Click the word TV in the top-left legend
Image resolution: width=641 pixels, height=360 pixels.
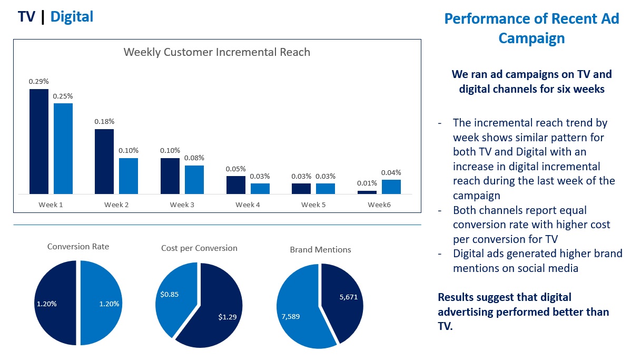pos(26,17)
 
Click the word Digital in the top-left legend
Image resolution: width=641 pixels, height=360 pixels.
pos(72,17)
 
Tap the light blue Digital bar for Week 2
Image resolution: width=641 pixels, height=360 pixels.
pos(128,176)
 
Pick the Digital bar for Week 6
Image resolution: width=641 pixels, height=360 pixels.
pos(391,187)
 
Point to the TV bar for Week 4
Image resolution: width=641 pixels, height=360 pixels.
pos(236,185)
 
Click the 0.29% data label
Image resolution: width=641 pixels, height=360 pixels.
pos(39,81)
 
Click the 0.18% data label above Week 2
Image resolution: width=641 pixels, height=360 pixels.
pos(104,121)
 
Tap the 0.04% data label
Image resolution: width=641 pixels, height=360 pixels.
pos(391,172)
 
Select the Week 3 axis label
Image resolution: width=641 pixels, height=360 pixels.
pos(182,205)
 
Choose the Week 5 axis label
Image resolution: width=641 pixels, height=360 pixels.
pos(313,205)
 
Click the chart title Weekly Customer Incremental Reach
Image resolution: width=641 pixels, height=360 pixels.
pos(216,52)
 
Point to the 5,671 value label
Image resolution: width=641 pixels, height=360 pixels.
pos(348,297)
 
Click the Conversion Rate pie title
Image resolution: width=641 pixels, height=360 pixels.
pos(78,246)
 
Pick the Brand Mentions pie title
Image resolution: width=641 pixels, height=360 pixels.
pos(320,249)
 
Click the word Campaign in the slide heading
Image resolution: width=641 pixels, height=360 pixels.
pos(531,38)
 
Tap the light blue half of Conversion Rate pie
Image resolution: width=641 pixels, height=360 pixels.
pos(103,304)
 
